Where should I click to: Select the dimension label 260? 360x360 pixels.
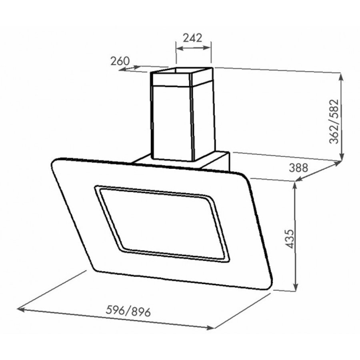coord(120,61)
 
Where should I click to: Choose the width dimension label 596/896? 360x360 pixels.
coord(128,311)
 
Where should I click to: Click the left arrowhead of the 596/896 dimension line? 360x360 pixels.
coord(20,309)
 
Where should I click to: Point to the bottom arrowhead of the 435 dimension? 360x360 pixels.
coord(296,290)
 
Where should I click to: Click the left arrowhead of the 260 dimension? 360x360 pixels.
coord(121,70)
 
